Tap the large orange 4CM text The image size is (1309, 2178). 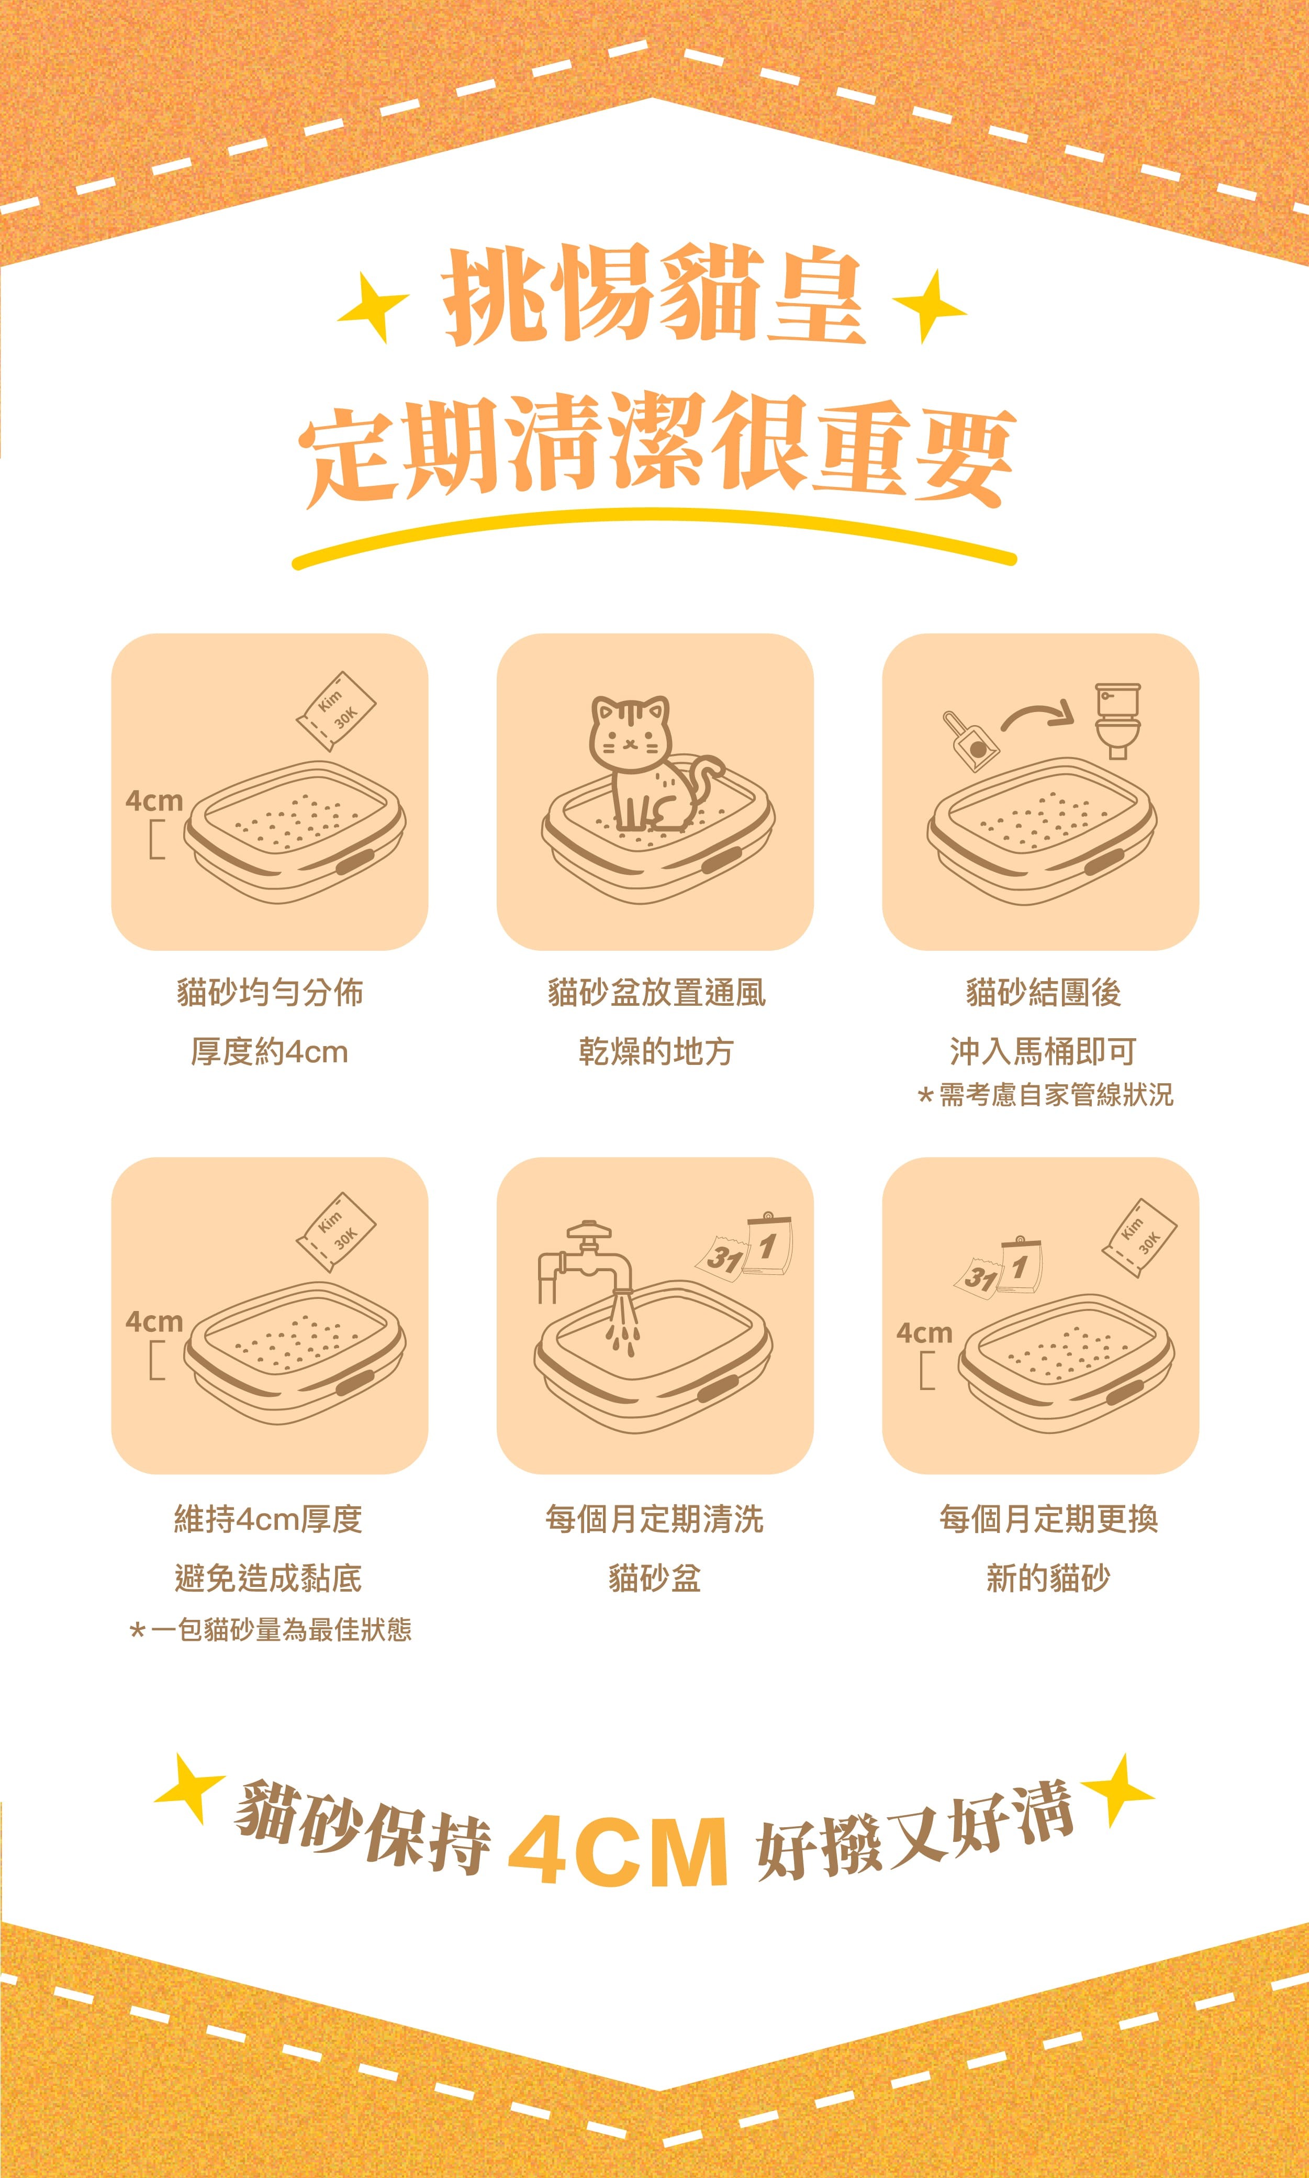[618, 1850]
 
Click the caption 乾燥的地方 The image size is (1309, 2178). [655, 1051]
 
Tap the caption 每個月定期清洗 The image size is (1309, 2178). [654, 1519]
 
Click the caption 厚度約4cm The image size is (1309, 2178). [270, 1051]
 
